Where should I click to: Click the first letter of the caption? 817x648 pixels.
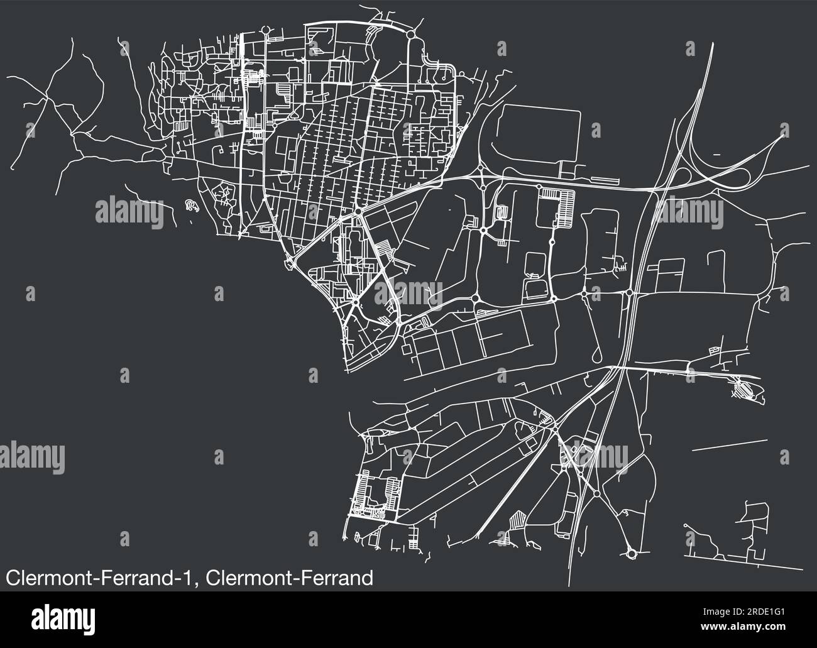tap(11, 578)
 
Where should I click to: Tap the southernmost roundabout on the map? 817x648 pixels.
tap(631, 554)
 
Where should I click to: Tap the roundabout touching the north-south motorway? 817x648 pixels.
tap(629, 293)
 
